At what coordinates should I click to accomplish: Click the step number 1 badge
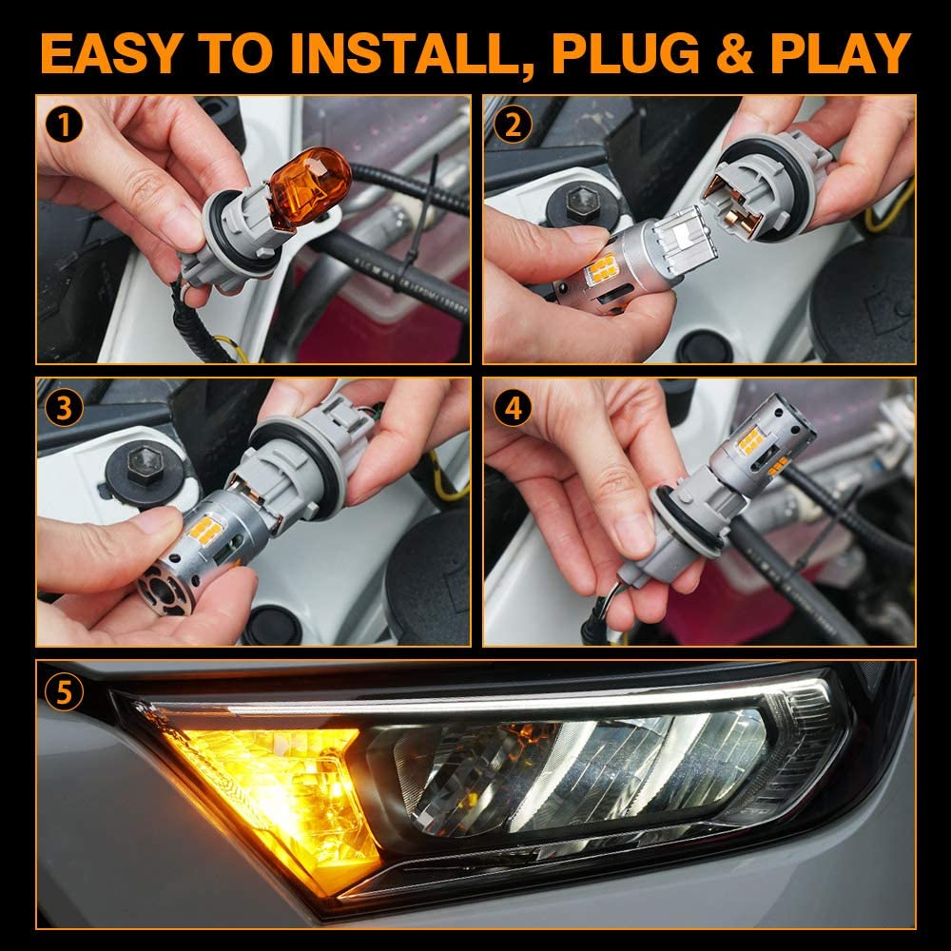tap(64, 124)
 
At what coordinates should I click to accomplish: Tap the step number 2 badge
tap(512, 124)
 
